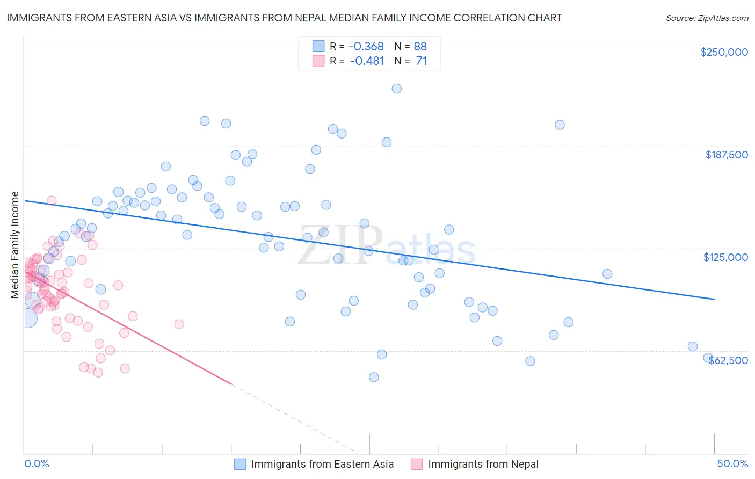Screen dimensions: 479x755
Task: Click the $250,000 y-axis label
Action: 724,52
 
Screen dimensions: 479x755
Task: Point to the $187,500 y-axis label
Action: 726,155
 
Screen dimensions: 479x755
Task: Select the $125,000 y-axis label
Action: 725,257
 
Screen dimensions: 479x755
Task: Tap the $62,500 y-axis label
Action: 728,360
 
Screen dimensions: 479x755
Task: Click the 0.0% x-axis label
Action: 37,463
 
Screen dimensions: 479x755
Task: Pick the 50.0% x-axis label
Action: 732,463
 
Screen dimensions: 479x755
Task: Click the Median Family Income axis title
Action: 14,245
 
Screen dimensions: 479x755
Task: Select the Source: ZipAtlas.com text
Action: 707,18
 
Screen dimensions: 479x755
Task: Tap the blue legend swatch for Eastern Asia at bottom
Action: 240,464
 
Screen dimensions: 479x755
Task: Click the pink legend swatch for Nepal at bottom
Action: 417,464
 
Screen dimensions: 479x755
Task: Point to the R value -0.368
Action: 367,47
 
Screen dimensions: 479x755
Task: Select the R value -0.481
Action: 367,61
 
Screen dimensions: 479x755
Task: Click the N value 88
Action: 420,47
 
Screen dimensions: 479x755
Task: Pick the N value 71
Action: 421,61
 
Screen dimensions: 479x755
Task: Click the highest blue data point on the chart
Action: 396,89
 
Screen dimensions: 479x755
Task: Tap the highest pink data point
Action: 52,200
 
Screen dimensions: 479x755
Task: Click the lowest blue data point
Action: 374,377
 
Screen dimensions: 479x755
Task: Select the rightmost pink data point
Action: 179,324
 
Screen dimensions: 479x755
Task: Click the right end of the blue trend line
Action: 714,299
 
